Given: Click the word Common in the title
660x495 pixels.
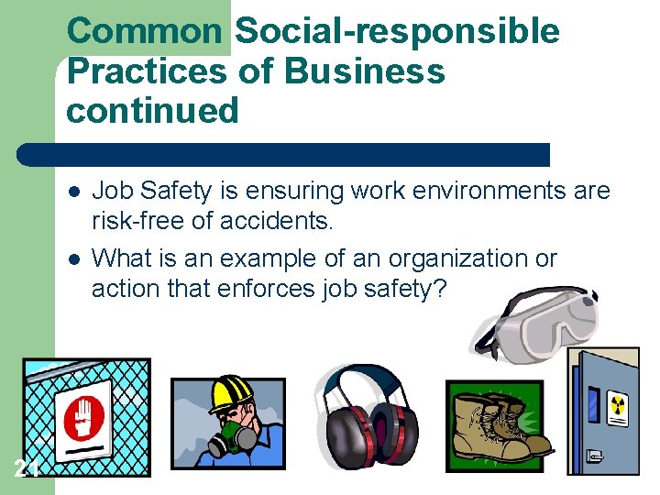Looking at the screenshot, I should (145, 31).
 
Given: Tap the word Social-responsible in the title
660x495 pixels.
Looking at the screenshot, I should (397, 31).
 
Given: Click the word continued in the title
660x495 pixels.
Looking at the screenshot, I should (152, 111).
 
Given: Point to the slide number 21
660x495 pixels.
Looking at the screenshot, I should (27, 469).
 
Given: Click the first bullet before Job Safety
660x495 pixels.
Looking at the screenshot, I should (72, 192).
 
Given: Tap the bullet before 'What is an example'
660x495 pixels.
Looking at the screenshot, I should (72, 259).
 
